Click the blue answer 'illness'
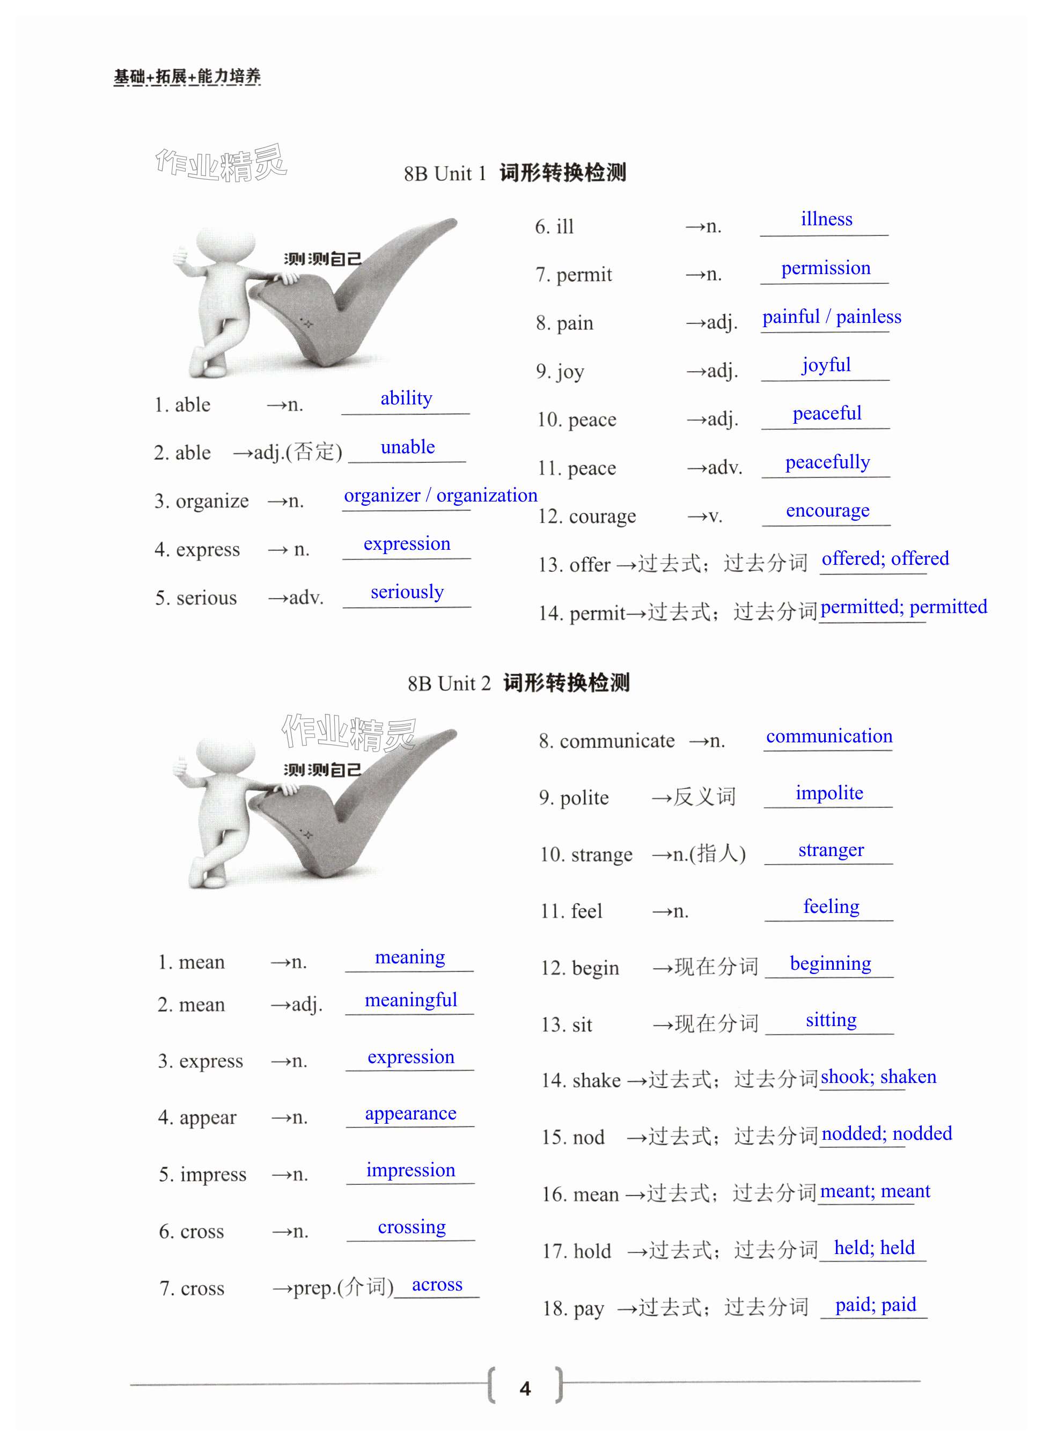click(826, 219)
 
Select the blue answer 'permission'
click(825, 268)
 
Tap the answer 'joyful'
click(826, 365)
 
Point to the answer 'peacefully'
click(827, 462)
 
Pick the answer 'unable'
click(407, 447)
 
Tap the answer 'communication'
click(828, 736)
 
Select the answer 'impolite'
click(829, 793)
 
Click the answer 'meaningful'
click(410, 1000)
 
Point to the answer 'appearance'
click(410, 1114)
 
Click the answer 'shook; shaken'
click(877, 1078)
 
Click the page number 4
click(524, 1388)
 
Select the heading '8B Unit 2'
click(449, 684)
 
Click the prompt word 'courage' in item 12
click(601, 516)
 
